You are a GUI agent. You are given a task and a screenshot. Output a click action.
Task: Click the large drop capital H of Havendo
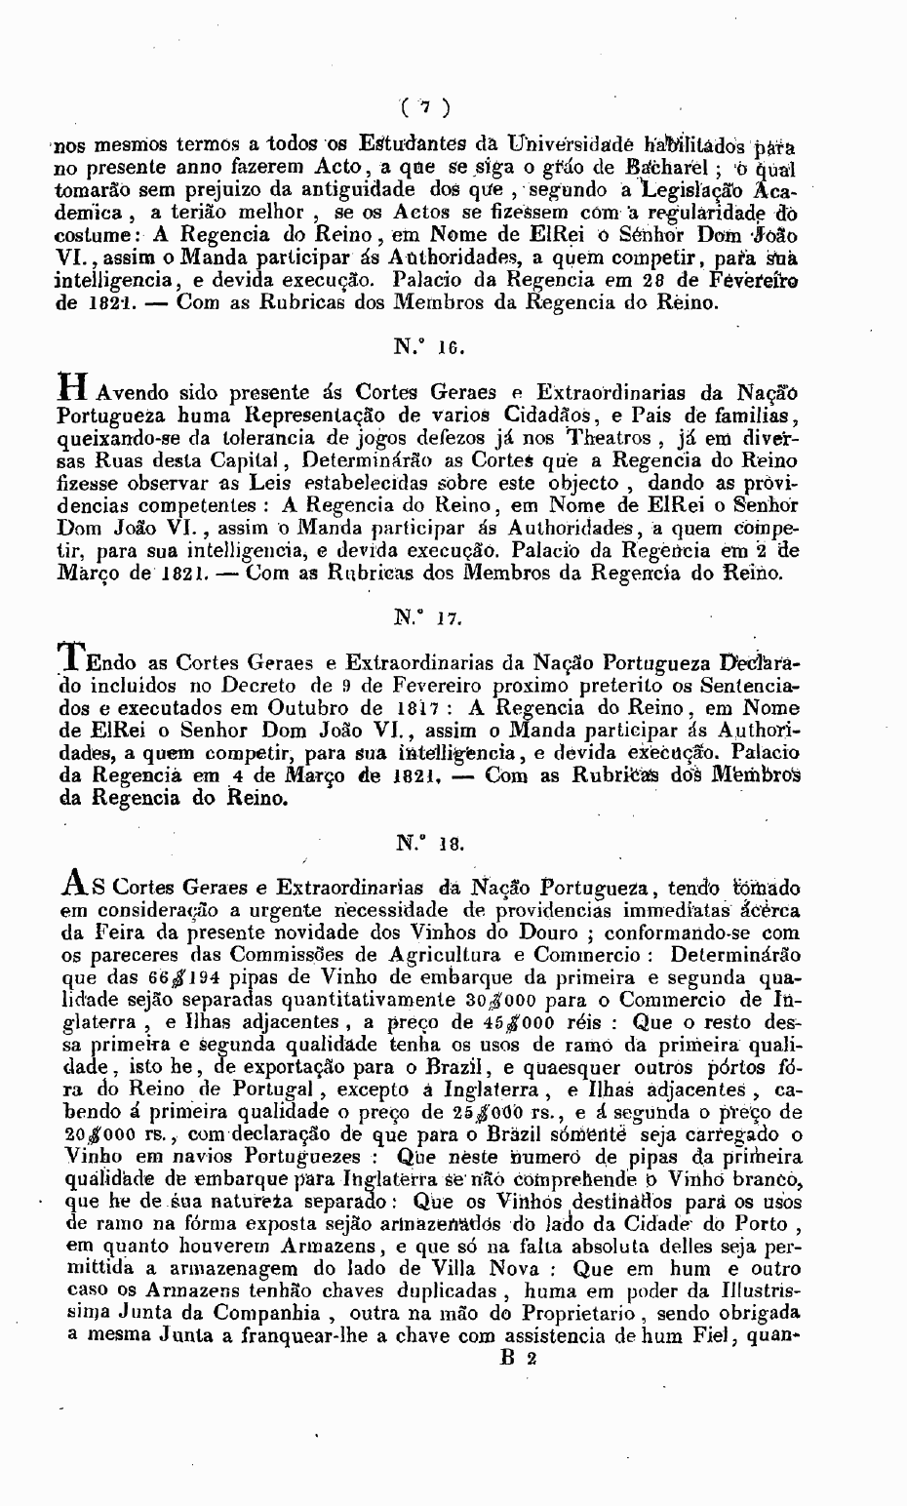[75, 389]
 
